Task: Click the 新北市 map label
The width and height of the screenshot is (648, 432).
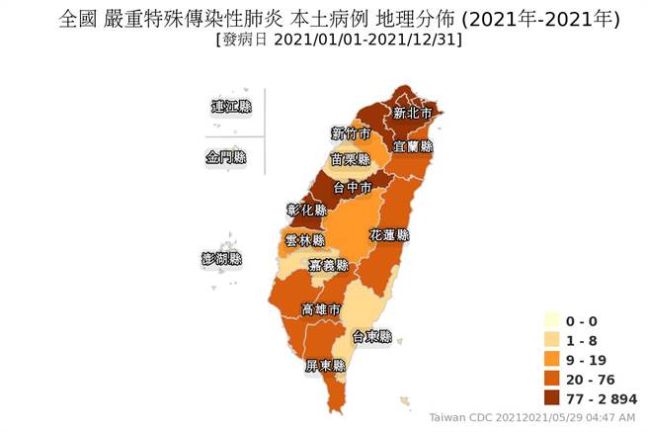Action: (412, 113)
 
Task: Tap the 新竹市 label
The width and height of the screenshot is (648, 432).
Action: (351, 133)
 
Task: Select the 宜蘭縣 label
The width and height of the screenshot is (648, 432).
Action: (413, 145)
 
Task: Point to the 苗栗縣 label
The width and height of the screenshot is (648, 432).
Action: (351, 158)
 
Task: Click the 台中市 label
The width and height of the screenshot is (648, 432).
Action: (353, 186)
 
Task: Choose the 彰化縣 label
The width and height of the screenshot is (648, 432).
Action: (306, 210)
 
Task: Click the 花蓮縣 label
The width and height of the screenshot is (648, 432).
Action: (389, 236)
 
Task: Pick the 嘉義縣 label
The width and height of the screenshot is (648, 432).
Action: (329, 265)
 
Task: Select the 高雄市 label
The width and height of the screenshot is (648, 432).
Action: (322, 309)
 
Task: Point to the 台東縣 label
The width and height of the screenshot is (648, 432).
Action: (372, 336)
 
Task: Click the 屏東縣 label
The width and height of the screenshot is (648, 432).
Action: (325, 366)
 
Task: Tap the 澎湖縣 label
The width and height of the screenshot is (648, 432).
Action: (221, 258)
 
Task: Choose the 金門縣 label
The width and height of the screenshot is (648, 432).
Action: (227, 157)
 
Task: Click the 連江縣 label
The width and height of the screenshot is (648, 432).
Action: (231, 106)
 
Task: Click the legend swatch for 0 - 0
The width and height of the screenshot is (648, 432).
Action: (552, 320)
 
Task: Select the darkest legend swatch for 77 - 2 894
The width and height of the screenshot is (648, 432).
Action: (552, 398)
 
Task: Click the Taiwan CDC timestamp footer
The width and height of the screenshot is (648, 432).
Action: (532, 417)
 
